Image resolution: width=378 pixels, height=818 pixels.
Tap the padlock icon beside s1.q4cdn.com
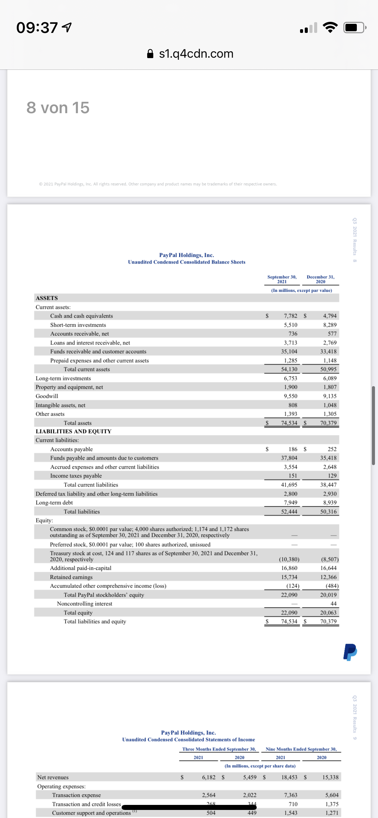(x=150, y=54)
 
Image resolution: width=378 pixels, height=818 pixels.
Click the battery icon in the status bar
(x=354, y=28)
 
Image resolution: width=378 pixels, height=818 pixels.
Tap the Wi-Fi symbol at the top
(x=330, y=28)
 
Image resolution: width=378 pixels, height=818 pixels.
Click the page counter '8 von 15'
(x=58, y=108)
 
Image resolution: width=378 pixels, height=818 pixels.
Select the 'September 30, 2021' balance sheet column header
(x=282, y=279)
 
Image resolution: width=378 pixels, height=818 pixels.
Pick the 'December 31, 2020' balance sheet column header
(x=321, y=279)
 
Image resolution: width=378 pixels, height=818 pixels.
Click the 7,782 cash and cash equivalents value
(x=290, y=316)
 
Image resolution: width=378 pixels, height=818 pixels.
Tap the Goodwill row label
(x=47, y=396)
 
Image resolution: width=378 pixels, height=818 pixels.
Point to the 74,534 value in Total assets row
(x=289, y=423)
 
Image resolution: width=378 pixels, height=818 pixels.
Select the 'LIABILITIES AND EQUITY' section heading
(x=74, y=431)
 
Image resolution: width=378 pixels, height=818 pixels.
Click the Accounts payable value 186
(x=293, y=449)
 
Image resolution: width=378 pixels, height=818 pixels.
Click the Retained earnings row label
(x=71, y=577)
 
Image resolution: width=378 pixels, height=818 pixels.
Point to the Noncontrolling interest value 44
(x=333, y=604)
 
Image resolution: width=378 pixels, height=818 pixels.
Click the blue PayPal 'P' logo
(x=350, y=652)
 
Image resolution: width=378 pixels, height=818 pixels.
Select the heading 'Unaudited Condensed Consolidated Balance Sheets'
(x=186, y=262)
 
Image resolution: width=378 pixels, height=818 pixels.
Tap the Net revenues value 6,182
(x=209, y=777)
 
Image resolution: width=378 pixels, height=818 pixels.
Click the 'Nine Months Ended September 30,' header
(x=301, y=749)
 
